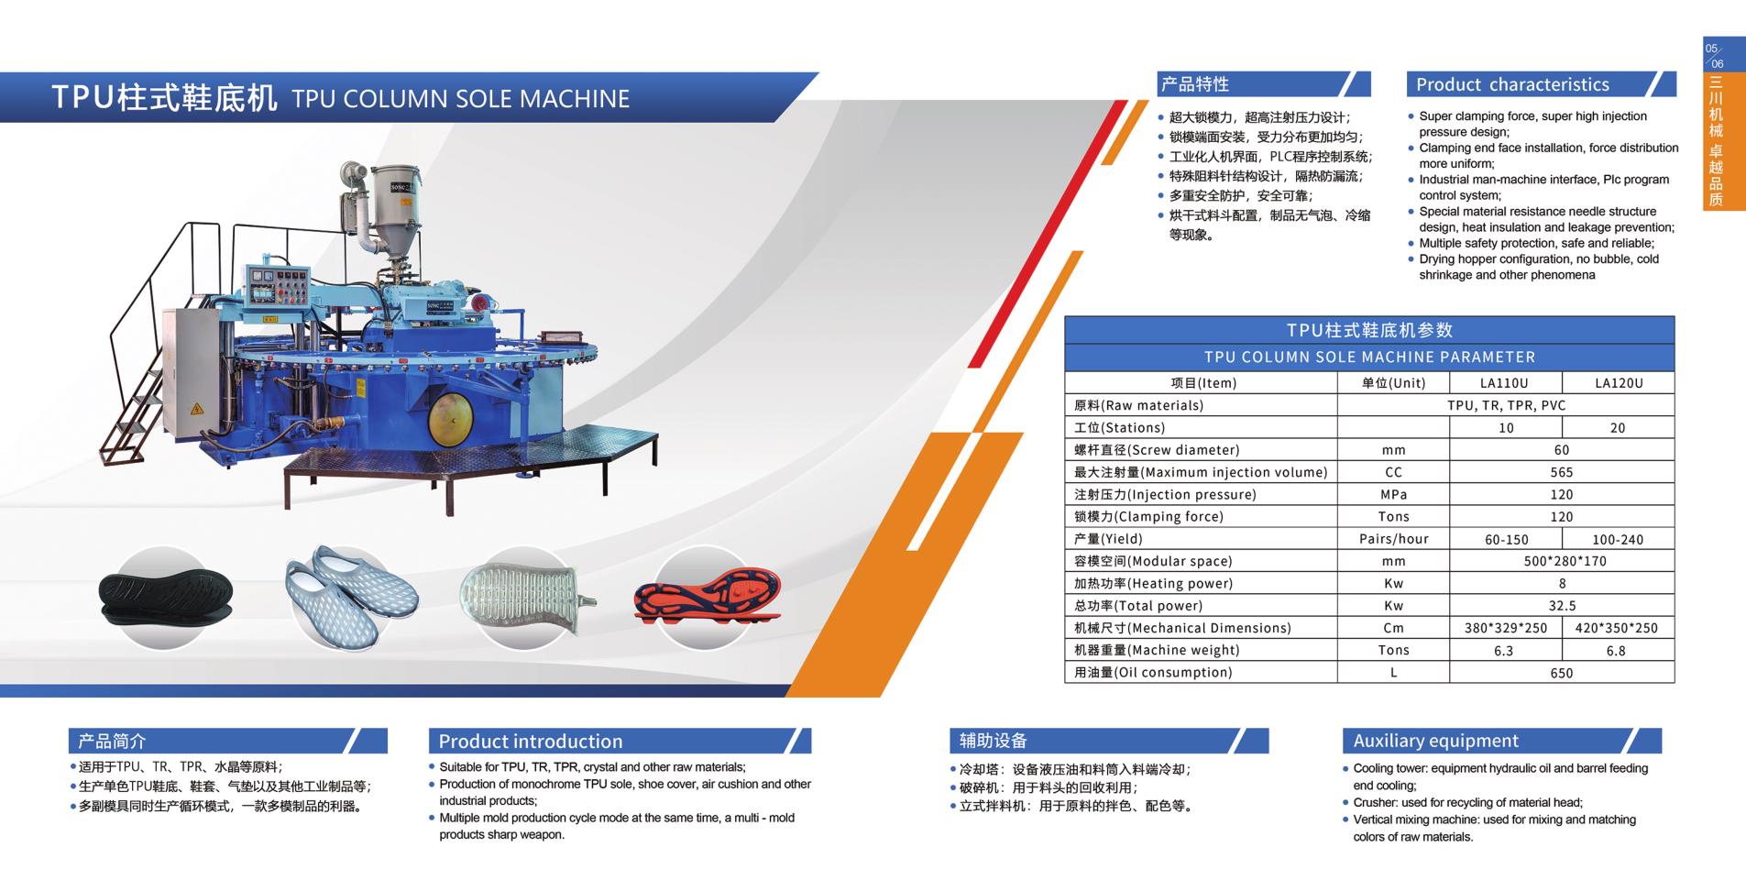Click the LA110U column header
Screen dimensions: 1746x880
pos(1504,383)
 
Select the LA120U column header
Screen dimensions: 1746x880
pos(1619,383)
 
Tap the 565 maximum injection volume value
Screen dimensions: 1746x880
pos(1562,472)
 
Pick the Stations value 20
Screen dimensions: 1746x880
pos(1618,428)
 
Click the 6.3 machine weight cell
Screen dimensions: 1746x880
pos(1504,651)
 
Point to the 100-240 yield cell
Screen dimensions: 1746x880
pos(1618,540)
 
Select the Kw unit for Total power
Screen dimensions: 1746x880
pos(1393,606)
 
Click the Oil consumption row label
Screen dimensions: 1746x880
pos(1153,673)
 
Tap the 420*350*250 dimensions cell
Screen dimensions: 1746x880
pos(1618,628)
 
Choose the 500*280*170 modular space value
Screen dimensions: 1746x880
pos(1562,561)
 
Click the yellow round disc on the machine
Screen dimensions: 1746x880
pos(453,418)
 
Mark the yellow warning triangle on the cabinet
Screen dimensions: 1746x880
pos(195,409)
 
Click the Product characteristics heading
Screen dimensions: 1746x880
pos(1512,84)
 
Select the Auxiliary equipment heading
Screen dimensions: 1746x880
pos(1435,741)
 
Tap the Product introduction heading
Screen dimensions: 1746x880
pos(530,742)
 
